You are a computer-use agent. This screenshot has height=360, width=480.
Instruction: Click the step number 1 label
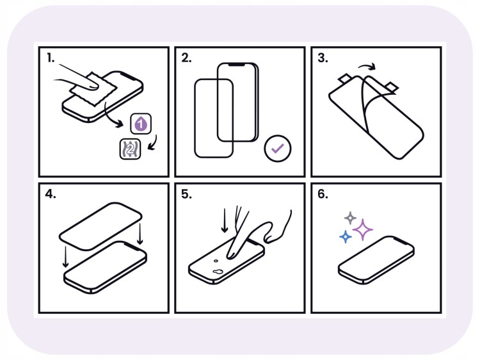51,58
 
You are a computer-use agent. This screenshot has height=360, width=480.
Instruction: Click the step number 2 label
186,58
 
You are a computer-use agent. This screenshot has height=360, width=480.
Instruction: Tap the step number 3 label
323,58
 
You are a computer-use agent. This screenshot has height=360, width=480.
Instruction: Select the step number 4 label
51,194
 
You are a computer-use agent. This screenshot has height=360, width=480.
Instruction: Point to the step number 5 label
186,194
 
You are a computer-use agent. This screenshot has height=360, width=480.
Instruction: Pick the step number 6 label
323,194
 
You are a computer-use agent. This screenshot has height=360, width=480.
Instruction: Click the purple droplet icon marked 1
141,124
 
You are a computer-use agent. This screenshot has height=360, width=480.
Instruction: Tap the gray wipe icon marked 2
130,149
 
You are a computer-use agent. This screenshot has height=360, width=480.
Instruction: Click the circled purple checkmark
278,149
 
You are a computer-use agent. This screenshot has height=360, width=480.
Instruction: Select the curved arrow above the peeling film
367,66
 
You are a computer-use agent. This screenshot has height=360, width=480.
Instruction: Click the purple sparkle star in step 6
363,229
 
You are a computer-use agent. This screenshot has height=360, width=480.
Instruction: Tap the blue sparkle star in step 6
346,237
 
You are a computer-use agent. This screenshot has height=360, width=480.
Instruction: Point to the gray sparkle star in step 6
350,218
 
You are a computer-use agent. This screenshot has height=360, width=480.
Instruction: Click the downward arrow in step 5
225,220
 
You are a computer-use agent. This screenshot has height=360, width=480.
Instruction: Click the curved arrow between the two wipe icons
153,142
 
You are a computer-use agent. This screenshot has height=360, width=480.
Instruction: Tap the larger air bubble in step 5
218,272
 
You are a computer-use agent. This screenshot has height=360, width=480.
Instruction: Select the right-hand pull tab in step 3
392,86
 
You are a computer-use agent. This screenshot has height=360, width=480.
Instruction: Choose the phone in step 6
376,260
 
